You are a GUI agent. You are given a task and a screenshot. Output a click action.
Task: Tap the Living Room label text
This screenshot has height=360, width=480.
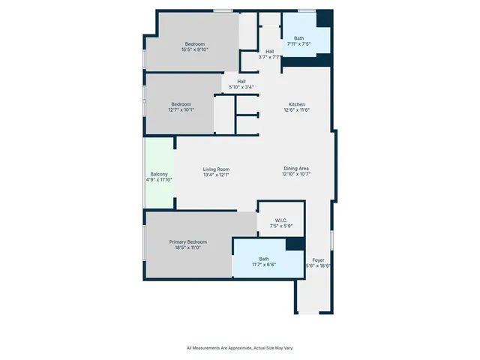[x=216, y=169]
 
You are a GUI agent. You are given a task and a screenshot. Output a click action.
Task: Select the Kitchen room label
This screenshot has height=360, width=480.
[x=297, y=104]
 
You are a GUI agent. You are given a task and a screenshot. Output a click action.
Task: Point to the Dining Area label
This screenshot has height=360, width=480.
[x=296, y=169]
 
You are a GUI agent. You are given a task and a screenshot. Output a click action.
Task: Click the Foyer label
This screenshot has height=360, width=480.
[x=319, y=259]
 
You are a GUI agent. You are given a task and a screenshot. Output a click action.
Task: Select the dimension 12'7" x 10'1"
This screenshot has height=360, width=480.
[x=181, y=110]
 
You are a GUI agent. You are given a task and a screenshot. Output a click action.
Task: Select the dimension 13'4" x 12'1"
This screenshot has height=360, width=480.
[x=216, y=175]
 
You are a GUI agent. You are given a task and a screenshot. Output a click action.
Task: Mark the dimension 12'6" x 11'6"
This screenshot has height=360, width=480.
[x=297, y=110]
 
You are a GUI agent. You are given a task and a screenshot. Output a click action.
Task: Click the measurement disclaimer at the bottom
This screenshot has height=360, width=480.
[x=240, y=348]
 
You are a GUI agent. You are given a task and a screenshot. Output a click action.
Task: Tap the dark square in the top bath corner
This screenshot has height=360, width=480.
[x=324, y=19]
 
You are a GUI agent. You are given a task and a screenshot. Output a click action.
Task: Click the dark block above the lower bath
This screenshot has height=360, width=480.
[x=295, y=244]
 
